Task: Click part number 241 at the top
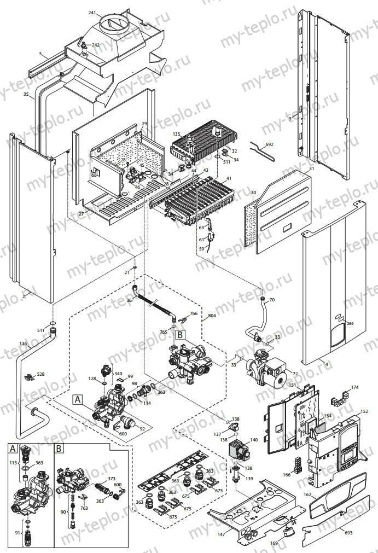click(x=92, y=12)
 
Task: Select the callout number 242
click(x=96, y=45)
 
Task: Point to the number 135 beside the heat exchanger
click(x=176, y=133)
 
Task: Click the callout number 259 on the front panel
click(x=350, y=324)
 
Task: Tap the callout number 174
click(x=354, y=388)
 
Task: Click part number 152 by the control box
click(x=364, y=411)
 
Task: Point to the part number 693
click(x=347, y=532)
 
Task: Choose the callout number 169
click(x=274, y=543)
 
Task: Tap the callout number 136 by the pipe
click(x=22, y=344)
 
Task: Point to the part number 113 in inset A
click(x=13, y=462)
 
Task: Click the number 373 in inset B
click(x=112, y=479)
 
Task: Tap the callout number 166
click(x=287, y=475)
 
